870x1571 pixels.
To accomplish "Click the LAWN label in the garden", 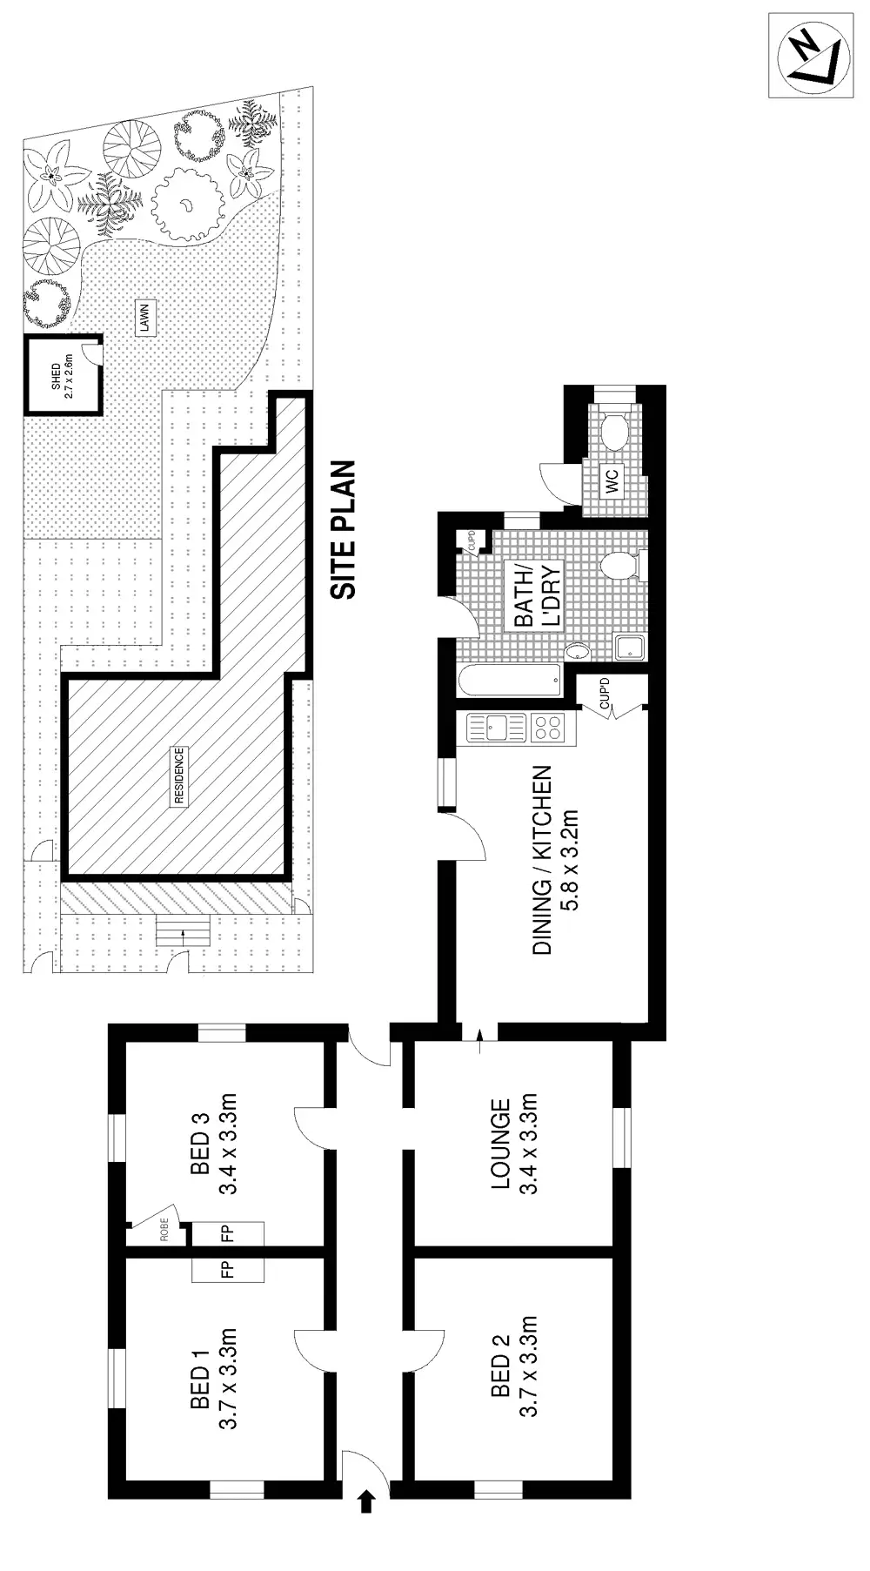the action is click(x=144, y=319).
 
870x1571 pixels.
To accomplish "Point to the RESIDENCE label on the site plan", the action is click(x=178, y=776).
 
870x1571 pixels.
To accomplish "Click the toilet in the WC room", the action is click(x=616, y=431).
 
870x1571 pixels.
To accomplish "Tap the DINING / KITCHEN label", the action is click(x=542, y=860).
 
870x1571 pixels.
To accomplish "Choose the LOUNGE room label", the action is click(x=500, y=1144).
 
